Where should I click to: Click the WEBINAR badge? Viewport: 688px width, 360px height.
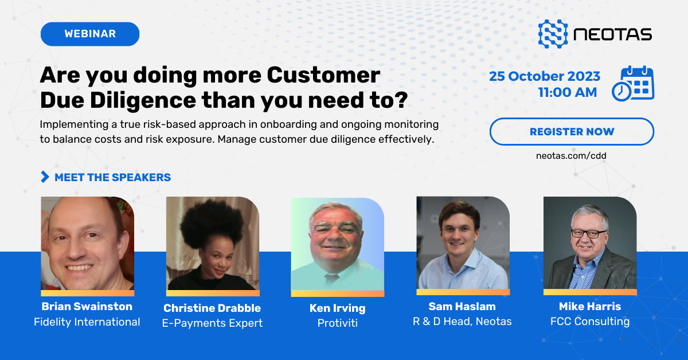[x=90, y=34]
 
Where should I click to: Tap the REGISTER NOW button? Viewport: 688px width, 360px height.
[x=572, y=132]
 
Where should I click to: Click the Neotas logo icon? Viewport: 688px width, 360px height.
[x=553, y=34]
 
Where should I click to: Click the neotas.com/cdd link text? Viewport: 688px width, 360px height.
[x=572, y=155]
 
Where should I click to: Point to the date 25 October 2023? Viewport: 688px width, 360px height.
[x=545, y=76]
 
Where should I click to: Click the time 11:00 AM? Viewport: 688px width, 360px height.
[x=567, y=92]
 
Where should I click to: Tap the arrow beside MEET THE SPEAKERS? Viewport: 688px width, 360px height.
[x=45, y=177]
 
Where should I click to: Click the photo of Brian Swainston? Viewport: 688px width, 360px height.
[x=87, y=244]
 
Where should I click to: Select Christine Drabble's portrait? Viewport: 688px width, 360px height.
[x=213, y=244]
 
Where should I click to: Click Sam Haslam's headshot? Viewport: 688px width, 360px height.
[x=463, y=243]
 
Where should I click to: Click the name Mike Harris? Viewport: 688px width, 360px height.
[x=589, y=307]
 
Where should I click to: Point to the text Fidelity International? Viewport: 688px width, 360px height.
[x=87, y=322]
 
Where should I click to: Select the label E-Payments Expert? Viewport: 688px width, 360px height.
[x=212, y=323]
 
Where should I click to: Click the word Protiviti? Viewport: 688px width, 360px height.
[x=337, y=323]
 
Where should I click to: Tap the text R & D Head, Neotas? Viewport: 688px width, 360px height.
[x=462, y=321]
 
